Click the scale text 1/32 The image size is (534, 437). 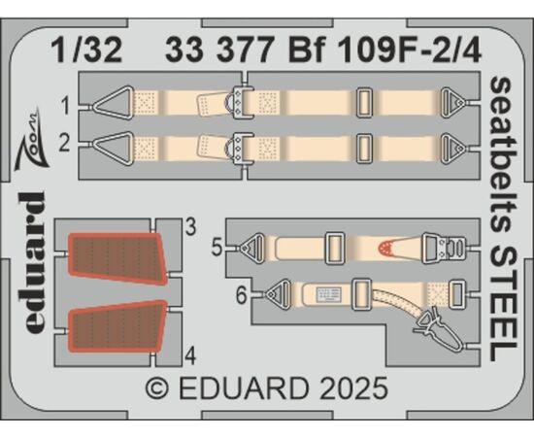click(x=88, y=50)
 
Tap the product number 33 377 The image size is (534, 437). click(x=219, y=50)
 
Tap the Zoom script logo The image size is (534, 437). click(x=32, y=137)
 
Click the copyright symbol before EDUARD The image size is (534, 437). click(x=157, y=388)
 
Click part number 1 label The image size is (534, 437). click(x=65, y=105)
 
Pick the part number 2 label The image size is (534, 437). click(x=64, y=143)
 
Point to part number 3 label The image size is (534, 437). click(x=190, y=226)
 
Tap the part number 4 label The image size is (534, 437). click(x=190, y=356)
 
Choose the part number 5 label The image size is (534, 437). click(x=217, y=248)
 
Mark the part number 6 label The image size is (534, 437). click(x=241, y=296)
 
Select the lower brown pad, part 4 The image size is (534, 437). click(x=117, y=326)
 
